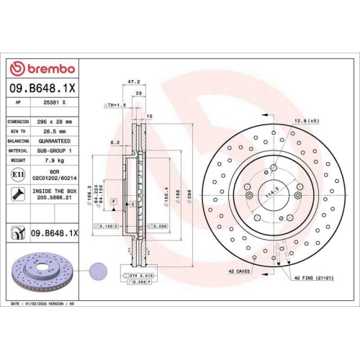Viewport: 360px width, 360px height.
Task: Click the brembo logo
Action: tap(45, 68)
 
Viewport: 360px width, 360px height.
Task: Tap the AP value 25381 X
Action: tap(55, 104)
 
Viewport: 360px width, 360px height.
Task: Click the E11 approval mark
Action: tap(17, 175)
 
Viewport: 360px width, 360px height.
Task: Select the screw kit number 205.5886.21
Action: tap(55, 198)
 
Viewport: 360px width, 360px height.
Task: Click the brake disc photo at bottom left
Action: tap(41, 274)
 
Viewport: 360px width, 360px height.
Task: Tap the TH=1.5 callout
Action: tap(116, 105)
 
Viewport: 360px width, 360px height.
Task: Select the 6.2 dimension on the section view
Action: tap(114, 143)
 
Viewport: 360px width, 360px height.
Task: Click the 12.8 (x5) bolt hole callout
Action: tap(307, 120)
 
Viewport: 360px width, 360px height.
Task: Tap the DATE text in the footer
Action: tap(18, 305)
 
